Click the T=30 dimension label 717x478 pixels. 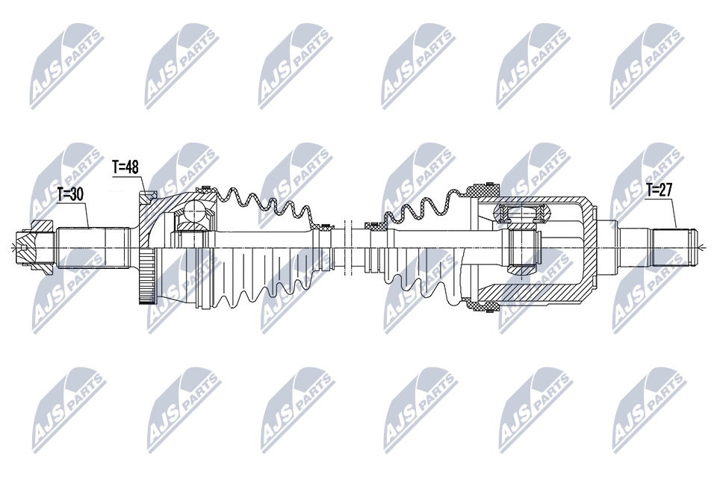click(70, 194)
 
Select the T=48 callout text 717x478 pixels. click(125, 167)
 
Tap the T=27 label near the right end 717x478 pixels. click(659, 190)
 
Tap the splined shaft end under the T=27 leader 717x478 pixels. click(674, 247)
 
